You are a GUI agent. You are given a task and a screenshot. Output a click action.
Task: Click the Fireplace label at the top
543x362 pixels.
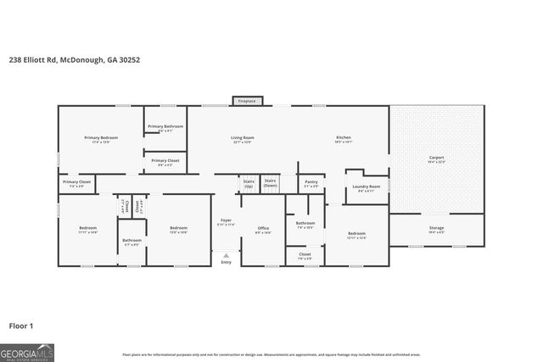[247, 101]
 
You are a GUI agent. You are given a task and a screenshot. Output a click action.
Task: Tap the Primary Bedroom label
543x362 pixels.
[101, 139]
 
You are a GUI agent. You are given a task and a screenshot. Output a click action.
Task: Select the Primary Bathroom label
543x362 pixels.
[165, 128]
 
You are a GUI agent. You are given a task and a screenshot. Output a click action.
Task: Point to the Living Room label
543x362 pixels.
[244, 139]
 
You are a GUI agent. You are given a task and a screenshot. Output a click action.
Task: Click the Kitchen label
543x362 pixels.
[343, 139]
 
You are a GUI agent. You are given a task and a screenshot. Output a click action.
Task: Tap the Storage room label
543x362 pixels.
[436, 229]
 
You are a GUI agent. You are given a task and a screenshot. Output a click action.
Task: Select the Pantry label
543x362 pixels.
[311, 183]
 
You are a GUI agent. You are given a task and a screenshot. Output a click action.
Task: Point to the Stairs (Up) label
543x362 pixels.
[249, 182]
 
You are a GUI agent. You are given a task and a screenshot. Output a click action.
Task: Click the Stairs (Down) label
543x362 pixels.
[271, 182]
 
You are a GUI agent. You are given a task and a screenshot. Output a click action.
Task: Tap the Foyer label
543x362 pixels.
[226, 222]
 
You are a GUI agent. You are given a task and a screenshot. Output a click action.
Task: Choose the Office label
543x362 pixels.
[263, 229]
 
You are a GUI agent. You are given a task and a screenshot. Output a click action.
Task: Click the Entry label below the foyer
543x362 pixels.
[226, 262]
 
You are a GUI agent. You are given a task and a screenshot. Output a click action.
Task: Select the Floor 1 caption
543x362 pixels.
[20, 326]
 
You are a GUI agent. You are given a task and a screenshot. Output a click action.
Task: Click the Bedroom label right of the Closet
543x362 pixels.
[357, 235]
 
